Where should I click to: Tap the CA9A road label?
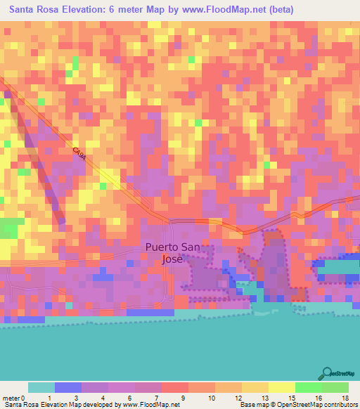click(x=79, y=155)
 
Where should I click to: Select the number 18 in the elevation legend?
click(x=345, y=398)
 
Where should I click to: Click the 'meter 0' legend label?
click(x=14, y=398)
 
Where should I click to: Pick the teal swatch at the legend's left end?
click(x=41, y=387)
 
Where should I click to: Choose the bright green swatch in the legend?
click(x=308, y=387)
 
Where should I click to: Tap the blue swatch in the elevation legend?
click(x=68, y=387)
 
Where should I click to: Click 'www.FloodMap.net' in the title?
click(x=213, y=10)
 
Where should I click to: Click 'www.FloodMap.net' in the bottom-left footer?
click(x=150, y=405)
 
